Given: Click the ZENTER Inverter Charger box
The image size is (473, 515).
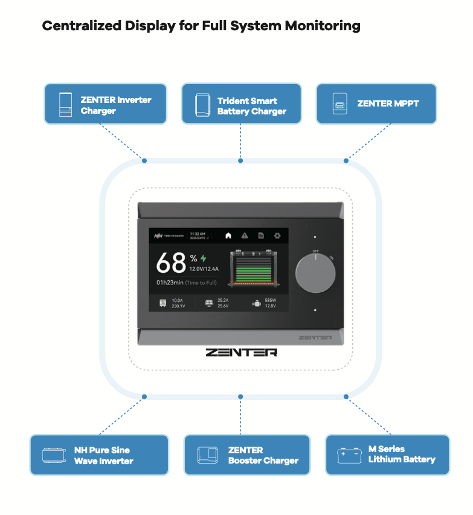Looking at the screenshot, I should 105,104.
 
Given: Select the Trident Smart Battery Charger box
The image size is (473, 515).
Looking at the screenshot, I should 241,104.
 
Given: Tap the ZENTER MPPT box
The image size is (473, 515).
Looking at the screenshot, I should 376,104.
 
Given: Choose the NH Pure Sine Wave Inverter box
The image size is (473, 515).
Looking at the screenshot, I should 99,455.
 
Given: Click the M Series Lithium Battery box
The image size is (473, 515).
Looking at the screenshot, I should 387,454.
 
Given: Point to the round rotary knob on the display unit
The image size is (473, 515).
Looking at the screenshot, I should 315,274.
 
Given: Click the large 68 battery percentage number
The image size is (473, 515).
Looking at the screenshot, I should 171,263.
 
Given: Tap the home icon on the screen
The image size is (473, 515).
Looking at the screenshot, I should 228,235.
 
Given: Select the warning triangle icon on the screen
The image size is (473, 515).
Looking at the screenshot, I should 245,235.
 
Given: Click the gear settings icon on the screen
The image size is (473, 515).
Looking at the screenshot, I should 277,235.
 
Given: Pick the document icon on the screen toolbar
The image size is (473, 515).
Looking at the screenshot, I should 261,235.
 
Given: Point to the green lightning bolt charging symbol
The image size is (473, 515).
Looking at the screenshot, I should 204,258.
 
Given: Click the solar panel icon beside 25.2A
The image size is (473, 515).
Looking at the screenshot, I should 208,303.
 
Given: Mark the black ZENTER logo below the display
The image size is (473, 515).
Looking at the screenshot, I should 241,352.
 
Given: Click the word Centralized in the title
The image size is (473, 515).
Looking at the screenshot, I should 81,26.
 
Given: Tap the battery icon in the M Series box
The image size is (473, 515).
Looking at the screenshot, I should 349,454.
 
